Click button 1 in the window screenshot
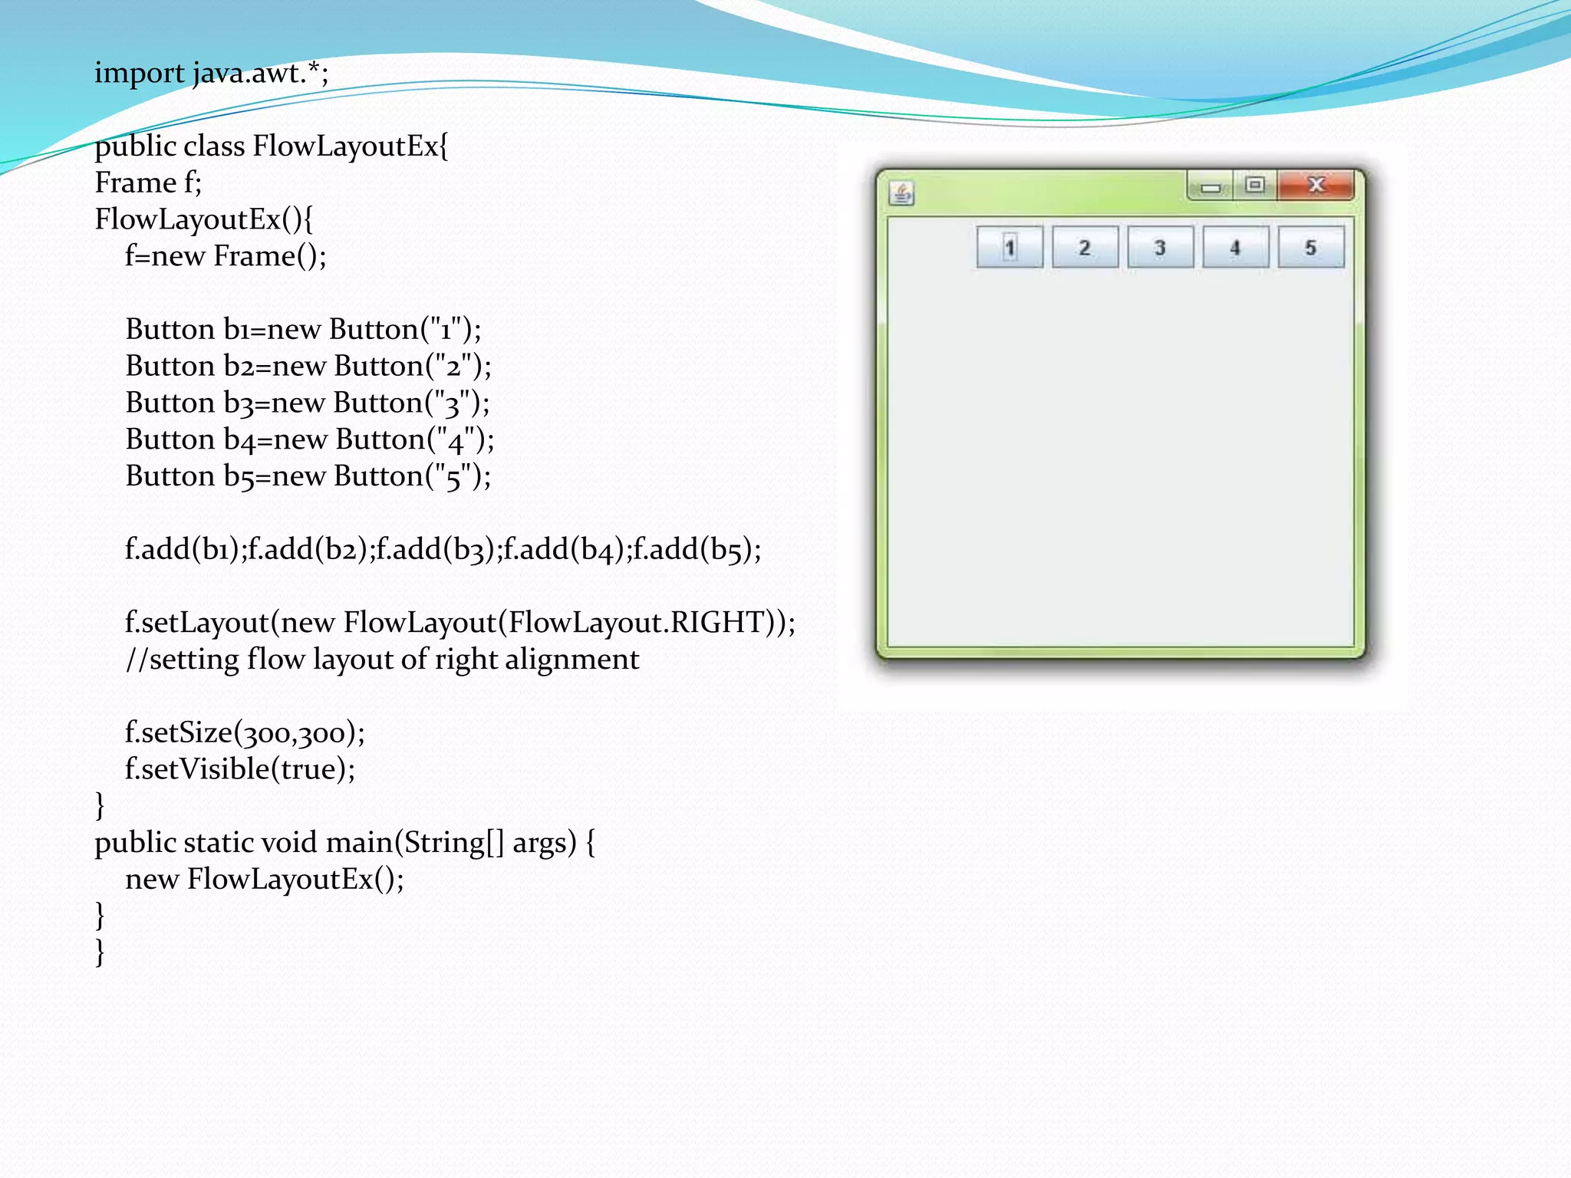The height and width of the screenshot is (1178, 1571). pos(1009,248)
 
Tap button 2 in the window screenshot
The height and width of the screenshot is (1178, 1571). pos(1085,248)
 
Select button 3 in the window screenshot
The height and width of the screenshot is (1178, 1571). pos(1160,248)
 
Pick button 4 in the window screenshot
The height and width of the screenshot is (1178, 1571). pos(1235,248)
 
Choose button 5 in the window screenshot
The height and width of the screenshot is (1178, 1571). pos(1311,248)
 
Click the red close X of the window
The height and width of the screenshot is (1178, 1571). pos(1316,185)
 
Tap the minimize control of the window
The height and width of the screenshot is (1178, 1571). pos(1210,186)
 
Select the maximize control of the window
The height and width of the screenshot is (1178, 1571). pos(1255,185)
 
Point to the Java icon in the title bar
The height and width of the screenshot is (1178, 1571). pos(902,193)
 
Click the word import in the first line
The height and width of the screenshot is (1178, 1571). pos(139,74)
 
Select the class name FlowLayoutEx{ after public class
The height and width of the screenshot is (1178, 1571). pos(350,146)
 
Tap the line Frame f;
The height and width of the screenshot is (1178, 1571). pos(148,183)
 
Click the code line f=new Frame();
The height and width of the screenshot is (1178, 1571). pos(226,256)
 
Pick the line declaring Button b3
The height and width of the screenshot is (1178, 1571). pos(307,403)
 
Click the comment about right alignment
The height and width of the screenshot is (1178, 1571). pos(382,660)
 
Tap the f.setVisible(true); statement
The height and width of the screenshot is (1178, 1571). pos(240,769)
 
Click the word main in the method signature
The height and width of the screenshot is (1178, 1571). pos(361,843)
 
